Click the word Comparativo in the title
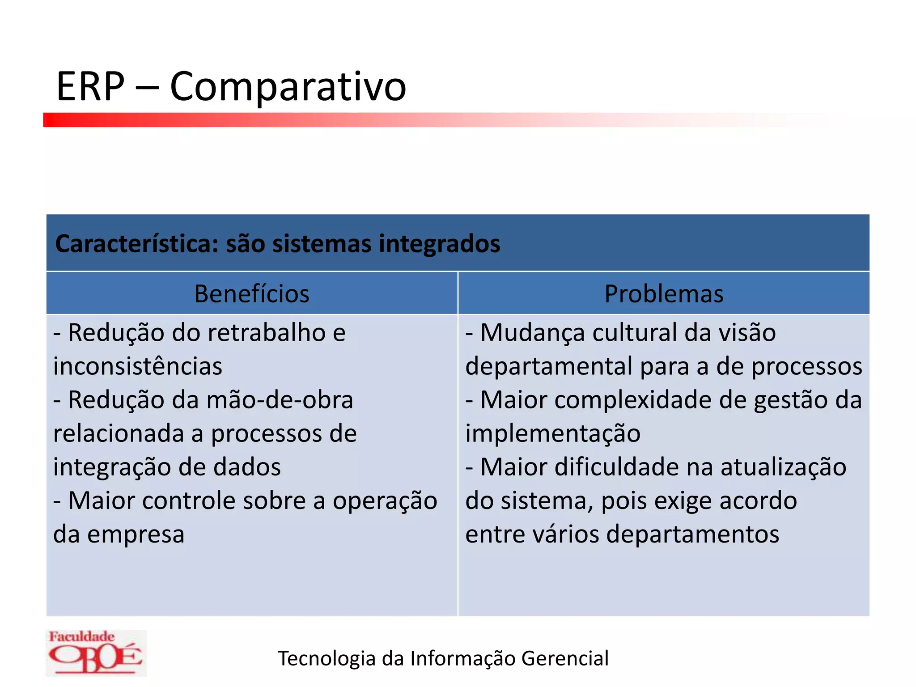pyautogui.click(x=288, y=87)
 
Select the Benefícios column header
pyautogui.click(x=252, y=294)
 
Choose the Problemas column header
pyautogui.click(x=664, y=294)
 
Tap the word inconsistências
pyautogui.click(x=137, y=366)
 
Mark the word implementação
pyautogui.click(x=553, y=433)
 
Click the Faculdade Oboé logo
pyautogui.click(x=96, y=653)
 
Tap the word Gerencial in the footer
pyautogui.click(x=565, y=658)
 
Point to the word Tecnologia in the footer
pyautogui.click(x=327, y=658)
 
